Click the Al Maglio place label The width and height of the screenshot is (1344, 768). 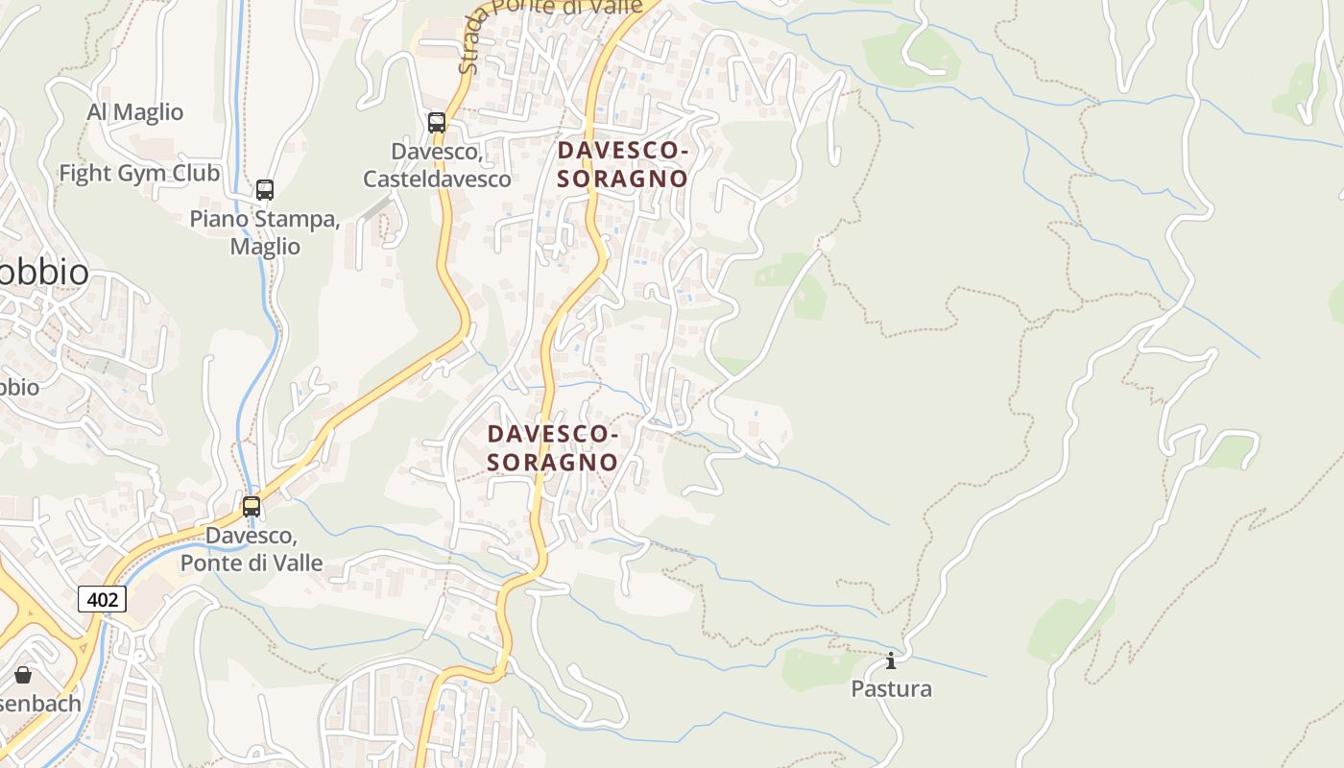[134, 112]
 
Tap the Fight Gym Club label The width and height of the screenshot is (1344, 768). [139, 174]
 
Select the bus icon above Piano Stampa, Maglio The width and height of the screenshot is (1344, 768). [265, 190]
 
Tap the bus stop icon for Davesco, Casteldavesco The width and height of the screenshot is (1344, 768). [437, 123]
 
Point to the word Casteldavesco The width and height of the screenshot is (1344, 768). [437, 179]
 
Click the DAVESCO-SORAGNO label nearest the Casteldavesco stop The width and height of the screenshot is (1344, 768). [623, 164]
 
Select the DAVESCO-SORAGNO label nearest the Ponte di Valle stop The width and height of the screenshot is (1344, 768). [552, 448]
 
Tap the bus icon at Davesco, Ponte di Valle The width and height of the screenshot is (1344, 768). [252, 506]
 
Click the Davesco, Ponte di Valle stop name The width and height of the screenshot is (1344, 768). [252, 549]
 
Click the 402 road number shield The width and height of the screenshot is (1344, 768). [102, 600]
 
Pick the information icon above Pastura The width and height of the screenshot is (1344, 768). [891, 660]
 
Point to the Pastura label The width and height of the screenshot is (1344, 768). [891, 689]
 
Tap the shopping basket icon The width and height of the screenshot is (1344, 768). [23, 675]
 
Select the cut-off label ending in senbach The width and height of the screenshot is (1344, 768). [38, 704]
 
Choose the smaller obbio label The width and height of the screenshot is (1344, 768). [19, 388]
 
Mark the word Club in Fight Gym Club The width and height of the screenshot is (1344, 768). [199, 174]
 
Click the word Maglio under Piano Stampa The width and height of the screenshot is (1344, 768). [265, 247]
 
